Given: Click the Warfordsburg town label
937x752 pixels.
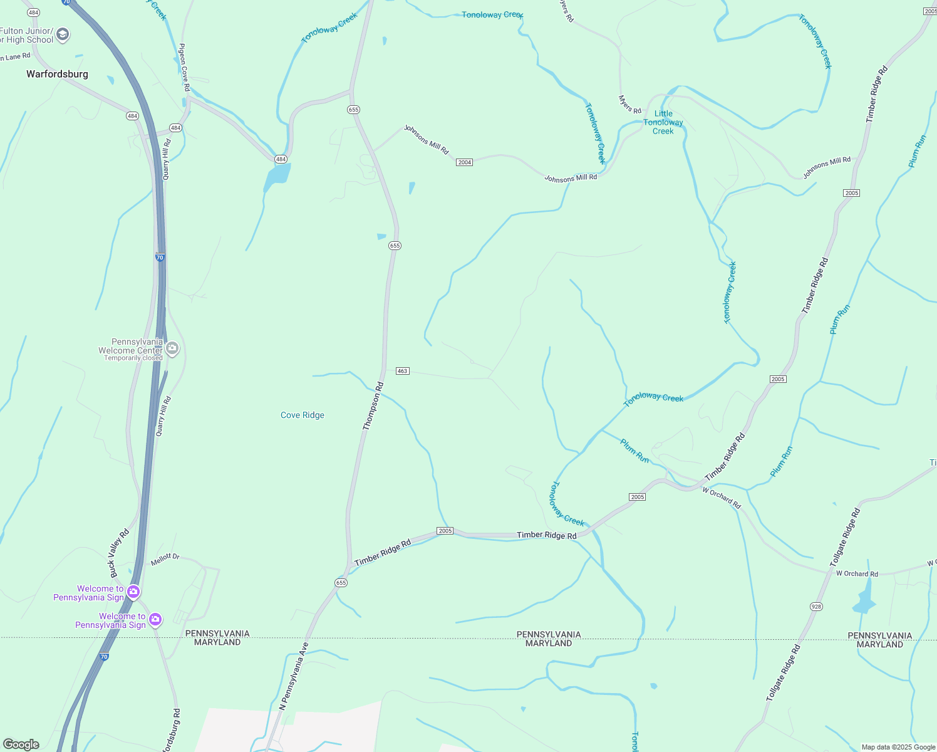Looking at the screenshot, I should click(x=57, y=74).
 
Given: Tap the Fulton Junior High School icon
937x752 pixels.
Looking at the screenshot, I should click(x=63, y=35).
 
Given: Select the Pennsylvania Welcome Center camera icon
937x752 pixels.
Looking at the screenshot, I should click(x=172, y=348).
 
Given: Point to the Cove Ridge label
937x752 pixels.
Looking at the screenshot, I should click(x=303, y=415).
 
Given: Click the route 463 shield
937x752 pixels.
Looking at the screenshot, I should click(x=402, y=371).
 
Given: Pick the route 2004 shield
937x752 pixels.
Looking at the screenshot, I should click(x=464, y=162).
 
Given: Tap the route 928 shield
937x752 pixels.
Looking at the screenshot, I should click(x=816, y=606).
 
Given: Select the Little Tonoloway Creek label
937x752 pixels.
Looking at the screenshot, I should click(x=663, y=122).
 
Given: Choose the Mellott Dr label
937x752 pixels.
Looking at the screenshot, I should click(x=165, y=559).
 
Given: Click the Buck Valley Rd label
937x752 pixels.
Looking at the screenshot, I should click(x=119, y=553).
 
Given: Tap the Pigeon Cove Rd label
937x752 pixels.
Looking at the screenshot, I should click(x=184, y=67).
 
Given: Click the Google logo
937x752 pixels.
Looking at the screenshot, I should click(x=21, y=744).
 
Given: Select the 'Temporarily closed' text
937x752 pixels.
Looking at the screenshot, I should click(x=133, y=358).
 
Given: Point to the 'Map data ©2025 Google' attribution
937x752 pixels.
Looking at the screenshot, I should click(x=898, y=747).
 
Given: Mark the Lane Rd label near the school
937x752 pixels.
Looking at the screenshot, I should click(x=15, y=57).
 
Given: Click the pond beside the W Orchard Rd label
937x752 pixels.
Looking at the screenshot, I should click(x=864, y=598).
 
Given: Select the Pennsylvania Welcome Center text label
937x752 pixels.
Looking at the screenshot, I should click(x=130, y=347).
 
